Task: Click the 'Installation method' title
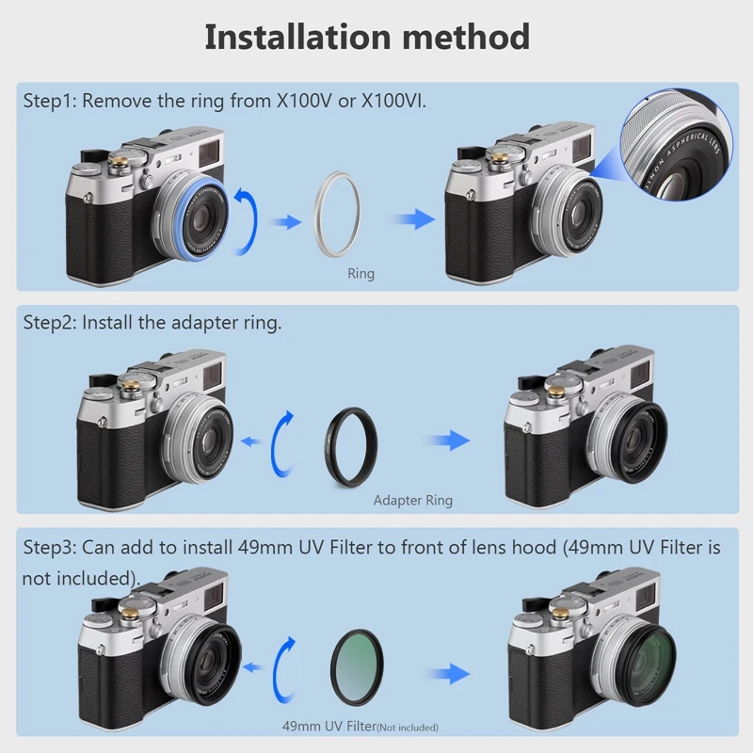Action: point(367,38)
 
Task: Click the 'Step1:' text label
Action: point(50,101)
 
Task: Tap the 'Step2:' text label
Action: point(50,322)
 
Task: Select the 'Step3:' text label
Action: point(50,547)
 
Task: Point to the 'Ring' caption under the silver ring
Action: point(360,274)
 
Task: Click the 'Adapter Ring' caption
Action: point(412,501)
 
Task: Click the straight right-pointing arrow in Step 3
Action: point(445,672)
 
